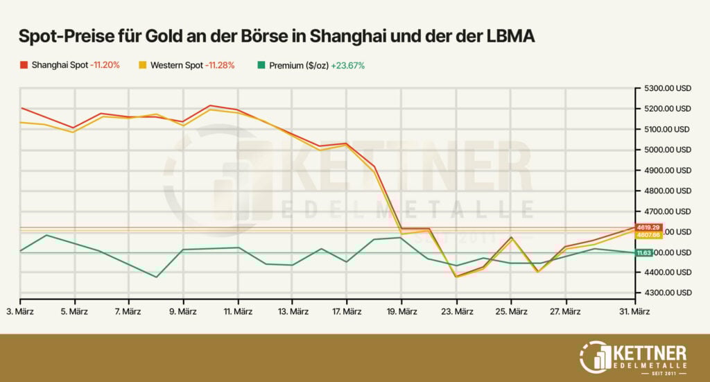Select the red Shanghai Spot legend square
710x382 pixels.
(x=24, y=66)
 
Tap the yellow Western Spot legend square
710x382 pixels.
(x=142, y=66)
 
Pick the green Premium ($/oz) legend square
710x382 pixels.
(x=260, y=66)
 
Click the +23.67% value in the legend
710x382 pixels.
(x=348, y=66)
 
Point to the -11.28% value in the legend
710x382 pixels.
(x=219, y=66)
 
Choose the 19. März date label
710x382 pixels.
(x=402, y=312)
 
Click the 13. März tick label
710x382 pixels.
(x=293, y=312)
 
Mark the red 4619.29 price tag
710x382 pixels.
(x=651, y=227)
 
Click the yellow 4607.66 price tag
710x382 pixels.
(x=651, y=235)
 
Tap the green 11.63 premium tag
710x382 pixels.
(x=645, y=253)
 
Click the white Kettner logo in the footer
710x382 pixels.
(x=632, y=355)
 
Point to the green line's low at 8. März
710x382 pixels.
(x=156, y=277)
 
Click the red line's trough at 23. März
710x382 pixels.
(x=456, y=277)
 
